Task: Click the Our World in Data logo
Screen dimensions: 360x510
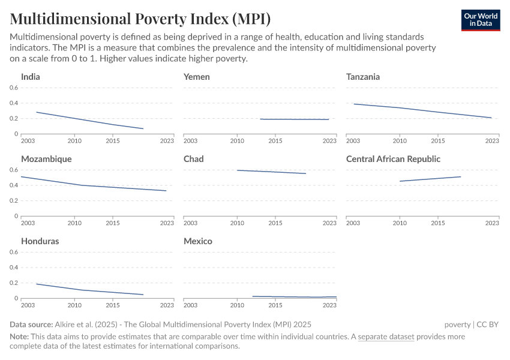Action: [x=481, y=20]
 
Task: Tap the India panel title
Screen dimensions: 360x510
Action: [x=31, y=77]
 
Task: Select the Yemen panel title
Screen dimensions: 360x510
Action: [x=197, y=77]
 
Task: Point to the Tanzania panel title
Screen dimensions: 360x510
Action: [x=363, y=77]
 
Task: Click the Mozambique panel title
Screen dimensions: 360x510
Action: [x=46, y=159]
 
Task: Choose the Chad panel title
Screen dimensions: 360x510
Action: [x=194, y=159]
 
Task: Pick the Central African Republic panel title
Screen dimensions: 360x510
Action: [x=393, y=159]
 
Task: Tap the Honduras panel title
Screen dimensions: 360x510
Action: [x=40, y=241]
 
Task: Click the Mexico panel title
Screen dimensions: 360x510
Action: [x=198, y=241]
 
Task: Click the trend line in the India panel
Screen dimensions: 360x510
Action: [x=90, y=120]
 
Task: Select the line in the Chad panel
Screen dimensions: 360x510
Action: [x=272, y=172]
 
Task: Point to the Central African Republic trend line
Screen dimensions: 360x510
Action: [x=430, y=179]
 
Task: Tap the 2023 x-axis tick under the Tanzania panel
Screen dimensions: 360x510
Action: [x=492, y=140]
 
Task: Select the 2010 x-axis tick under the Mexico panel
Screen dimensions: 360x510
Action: [x=237, y=305]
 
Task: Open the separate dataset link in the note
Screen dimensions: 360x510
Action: [x=386, y=337]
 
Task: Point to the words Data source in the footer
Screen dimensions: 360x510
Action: [x=31, y=325]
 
